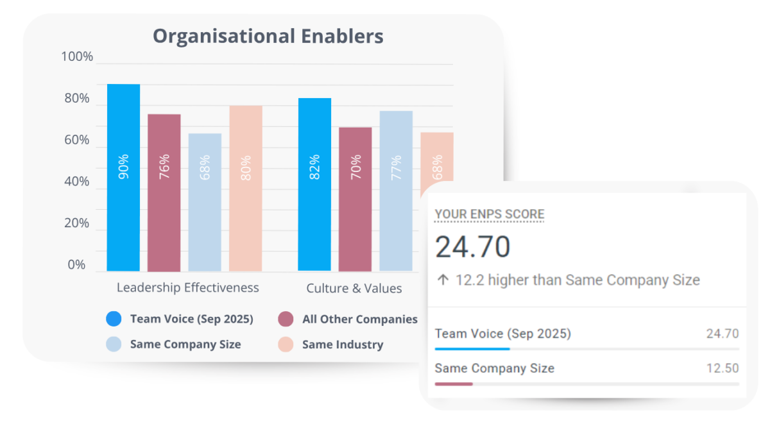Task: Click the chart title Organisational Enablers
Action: (268, 36)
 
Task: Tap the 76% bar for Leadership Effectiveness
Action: (164, 192)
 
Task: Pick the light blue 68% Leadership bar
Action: (205, 202)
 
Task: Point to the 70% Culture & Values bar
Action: (355, 199)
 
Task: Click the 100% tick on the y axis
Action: (77, 57)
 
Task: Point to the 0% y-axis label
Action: (77, 265)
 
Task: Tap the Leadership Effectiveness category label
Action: (187, 287)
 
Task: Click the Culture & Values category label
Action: (354, 288)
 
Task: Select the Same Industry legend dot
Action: (286, 344)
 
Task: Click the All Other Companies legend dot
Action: (286, 319)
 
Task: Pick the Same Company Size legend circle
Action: (114, 344)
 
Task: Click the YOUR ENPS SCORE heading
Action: (490, 214)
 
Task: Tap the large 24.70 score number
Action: (473, 247)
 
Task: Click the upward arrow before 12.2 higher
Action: (443, 280)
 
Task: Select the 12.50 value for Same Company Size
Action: (723, 368)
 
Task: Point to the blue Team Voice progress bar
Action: (472, 349)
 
